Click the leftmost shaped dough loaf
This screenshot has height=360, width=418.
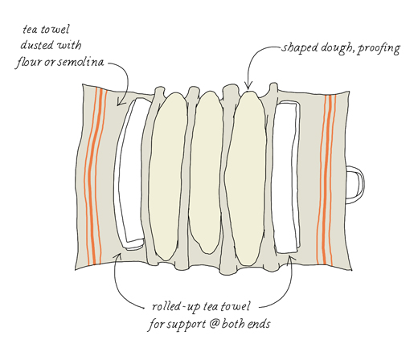click(x=167, y=177)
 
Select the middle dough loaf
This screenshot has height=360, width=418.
click(x=206, y=173)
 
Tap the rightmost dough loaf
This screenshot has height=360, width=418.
click(x=245, y=178)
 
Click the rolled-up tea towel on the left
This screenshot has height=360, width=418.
click(x=129, y=174)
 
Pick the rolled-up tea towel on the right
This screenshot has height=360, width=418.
click(x=287, y=178)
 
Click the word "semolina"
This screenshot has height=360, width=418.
click(x=80, y=62)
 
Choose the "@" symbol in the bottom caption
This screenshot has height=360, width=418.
click(x=213, y=324)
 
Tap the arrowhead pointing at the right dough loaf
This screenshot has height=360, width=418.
click(x=248, y=87)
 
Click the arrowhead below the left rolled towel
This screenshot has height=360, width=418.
click(x=118, y=256)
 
